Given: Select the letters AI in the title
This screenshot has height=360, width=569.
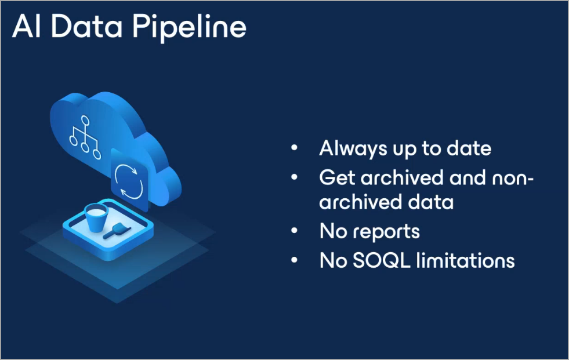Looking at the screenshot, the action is [26, 26].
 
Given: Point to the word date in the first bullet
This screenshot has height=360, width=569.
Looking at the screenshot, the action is [469, 148].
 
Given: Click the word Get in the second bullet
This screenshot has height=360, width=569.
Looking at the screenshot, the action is [337, 177].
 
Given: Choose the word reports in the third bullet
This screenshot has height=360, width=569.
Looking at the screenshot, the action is [386, 232].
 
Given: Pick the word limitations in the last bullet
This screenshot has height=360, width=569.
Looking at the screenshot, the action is [466, 260].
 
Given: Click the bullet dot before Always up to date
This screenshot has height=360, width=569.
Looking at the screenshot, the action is [294, 148].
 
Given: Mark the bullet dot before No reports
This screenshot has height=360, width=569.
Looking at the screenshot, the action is [294, 231].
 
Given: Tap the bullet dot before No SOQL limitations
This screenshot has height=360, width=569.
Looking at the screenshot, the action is [294, 260].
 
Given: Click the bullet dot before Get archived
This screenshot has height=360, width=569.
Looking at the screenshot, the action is [294, 177].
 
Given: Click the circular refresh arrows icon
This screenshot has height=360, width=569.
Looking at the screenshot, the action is [129, 181].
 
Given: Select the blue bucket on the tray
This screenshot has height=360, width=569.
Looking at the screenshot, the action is [96, 217].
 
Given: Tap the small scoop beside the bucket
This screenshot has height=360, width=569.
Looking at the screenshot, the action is [117, 231].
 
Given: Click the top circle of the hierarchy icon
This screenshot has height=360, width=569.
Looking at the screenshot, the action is [85, 120].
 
